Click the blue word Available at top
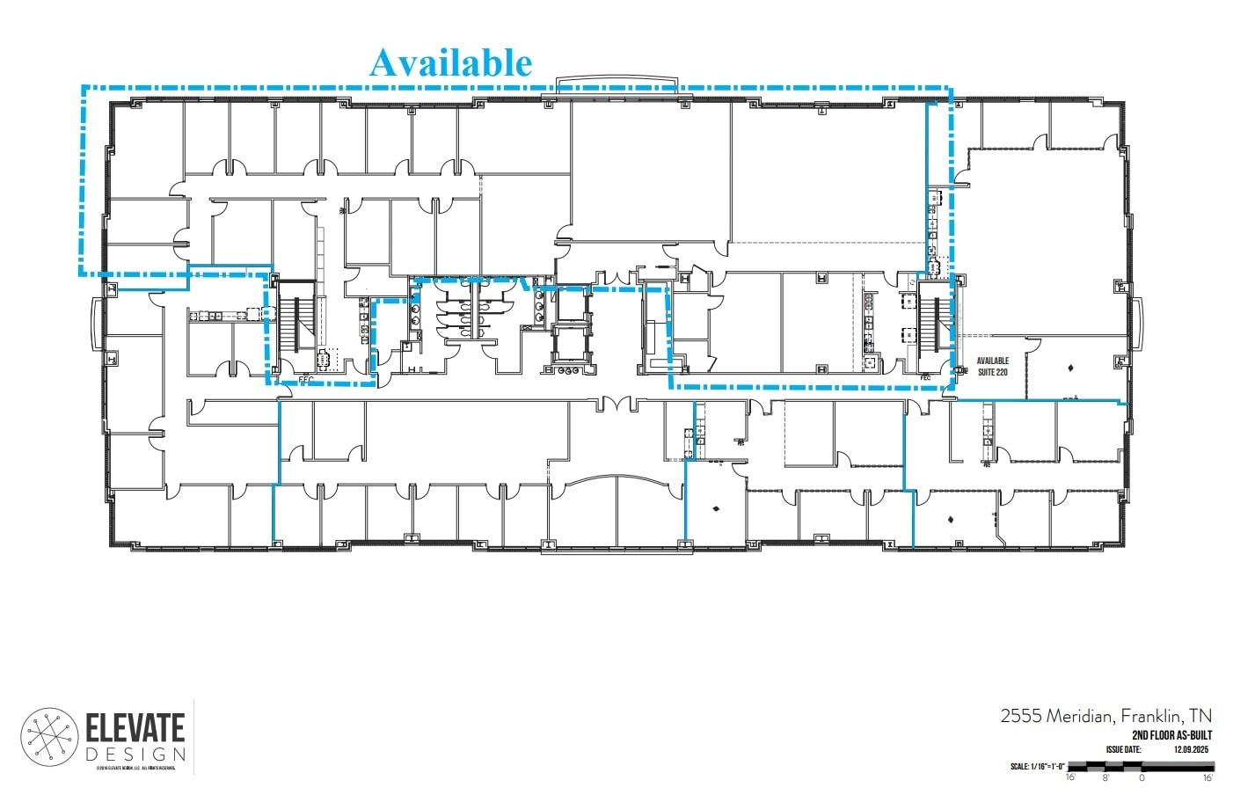click(x=450, y=62)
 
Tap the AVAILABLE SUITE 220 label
click(x=992, y=366)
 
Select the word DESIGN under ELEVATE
click(x=135, y=755)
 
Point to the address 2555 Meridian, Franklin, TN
click(x=1105, y=715)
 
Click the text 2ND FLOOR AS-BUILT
click(x=1171, y=735)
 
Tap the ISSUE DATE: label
click(x=1122, y=749)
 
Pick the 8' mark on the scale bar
click(x=1105, y=778)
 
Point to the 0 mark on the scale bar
click(x=1142, y=778)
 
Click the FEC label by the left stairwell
click(x=307, y=380)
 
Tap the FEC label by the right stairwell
click(x=924, y=378)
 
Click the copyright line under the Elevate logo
click(x=135, y=769)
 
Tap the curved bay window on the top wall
click(x=616, y=83)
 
